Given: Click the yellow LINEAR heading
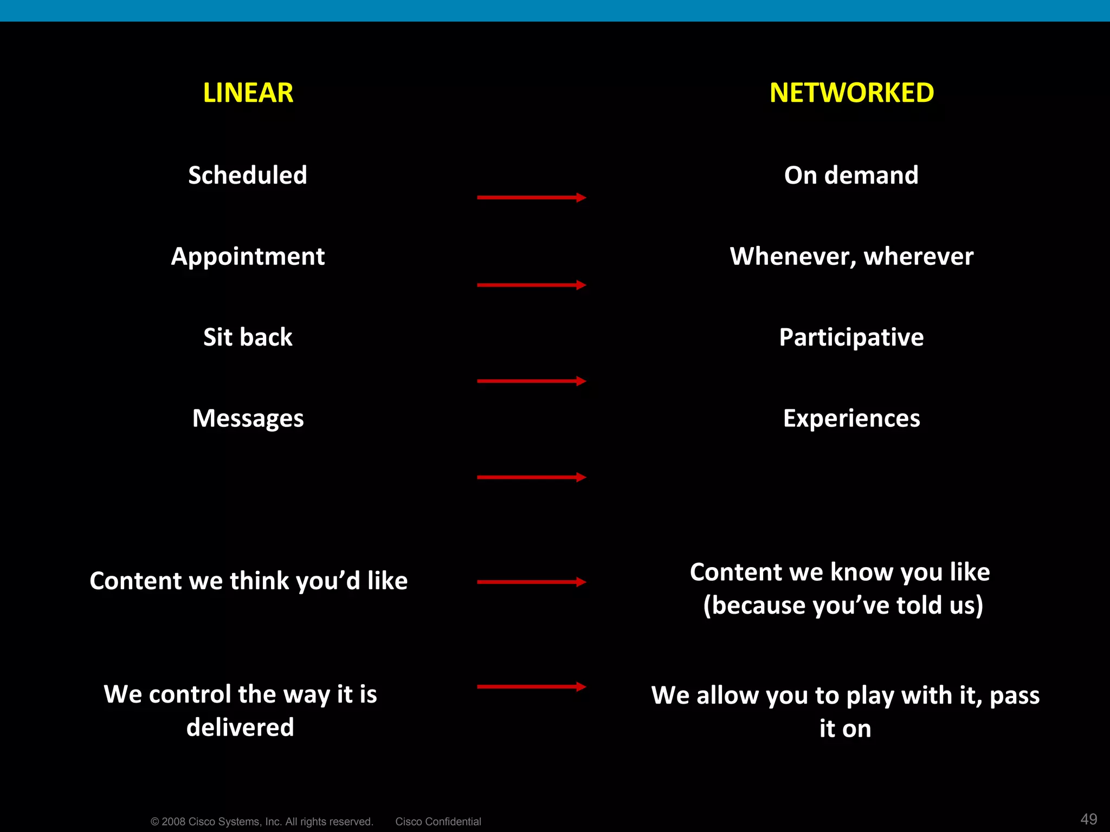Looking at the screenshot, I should (x=248, y=93).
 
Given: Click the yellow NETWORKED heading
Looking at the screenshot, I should (x=851, y=93).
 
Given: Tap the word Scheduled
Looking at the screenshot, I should (x=248, y=175).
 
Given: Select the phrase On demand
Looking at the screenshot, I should (x=851, y=175).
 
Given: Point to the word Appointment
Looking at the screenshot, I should (x=248, y=256).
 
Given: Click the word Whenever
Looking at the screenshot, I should (x=792, y=256).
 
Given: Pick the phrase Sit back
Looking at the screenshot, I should (x=248, y=337).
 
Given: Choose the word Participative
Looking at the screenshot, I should (x=851, y=337).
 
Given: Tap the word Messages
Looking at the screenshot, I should (x=248, y=418).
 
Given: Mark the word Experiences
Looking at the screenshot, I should (x=851, y=418).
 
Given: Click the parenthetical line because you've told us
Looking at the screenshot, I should (x=843, y=605).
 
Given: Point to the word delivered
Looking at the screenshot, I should (x=240, y=727).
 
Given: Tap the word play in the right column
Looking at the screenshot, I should (x=870, y=695).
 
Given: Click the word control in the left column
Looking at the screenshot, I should (x=190, y=694).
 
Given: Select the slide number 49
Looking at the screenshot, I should (x=1088, y=818).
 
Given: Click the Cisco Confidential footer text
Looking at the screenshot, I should (x=438, y=821).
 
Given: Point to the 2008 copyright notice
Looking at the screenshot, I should (x=262, y=821).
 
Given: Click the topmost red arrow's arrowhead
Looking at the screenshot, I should (x=581, y=198).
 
